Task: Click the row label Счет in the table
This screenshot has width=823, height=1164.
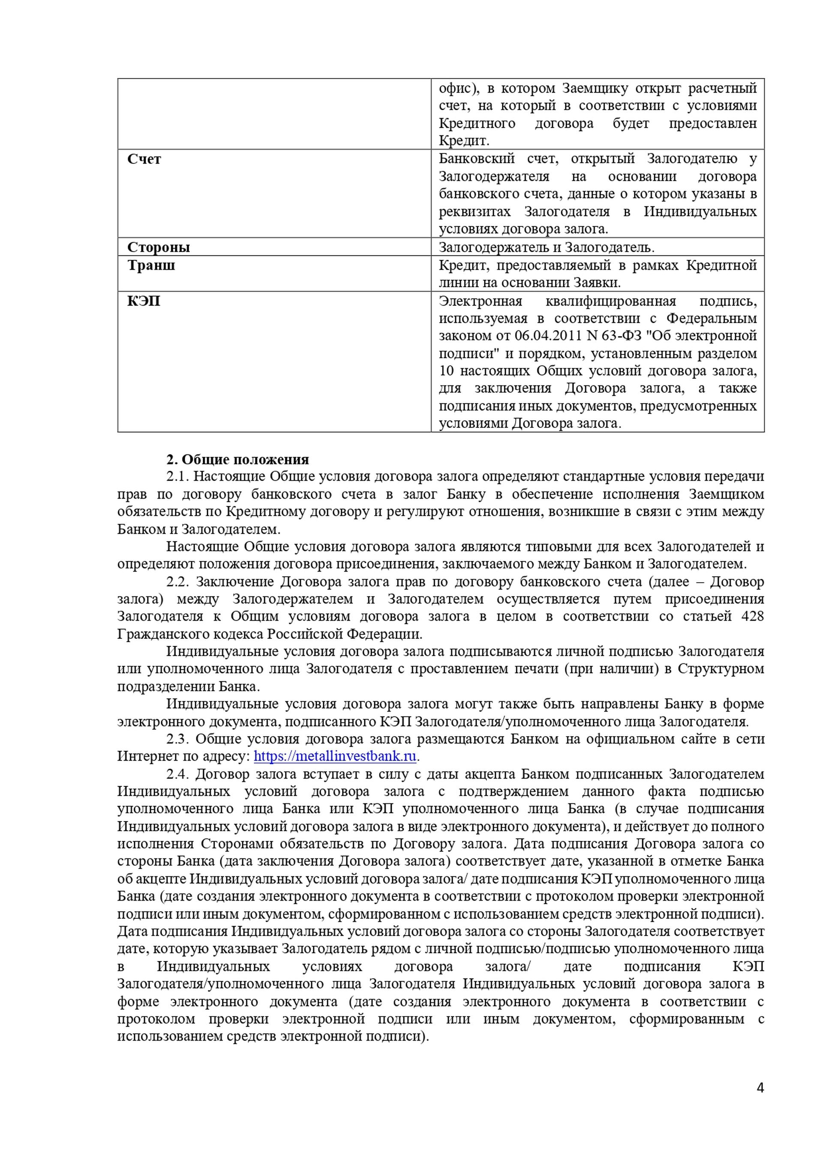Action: pyautogui.click(x=144, y=159)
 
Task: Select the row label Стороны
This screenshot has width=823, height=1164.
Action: pyautogui.click(x=159, y=247)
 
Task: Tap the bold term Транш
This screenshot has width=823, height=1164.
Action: pyautogui.click(x=151, y=265)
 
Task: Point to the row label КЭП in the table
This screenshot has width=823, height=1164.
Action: pyautogui.click(x=144, y=301)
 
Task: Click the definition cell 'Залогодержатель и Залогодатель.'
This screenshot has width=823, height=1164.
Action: pyautogui.click(x=546, y=247)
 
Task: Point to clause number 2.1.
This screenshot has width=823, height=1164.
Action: pyautogui.click(x=177, y=477)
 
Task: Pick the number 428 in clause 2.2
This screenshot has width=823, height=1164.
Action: pyautogui.click(x=752, y=617)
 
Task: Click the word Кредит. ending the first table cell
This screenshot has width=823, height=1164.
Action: pyautogui.click(x=464, y=141)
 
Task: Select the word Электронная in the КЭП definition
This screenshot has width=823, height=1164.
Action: pyautogui.click(x=480, y=301)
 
